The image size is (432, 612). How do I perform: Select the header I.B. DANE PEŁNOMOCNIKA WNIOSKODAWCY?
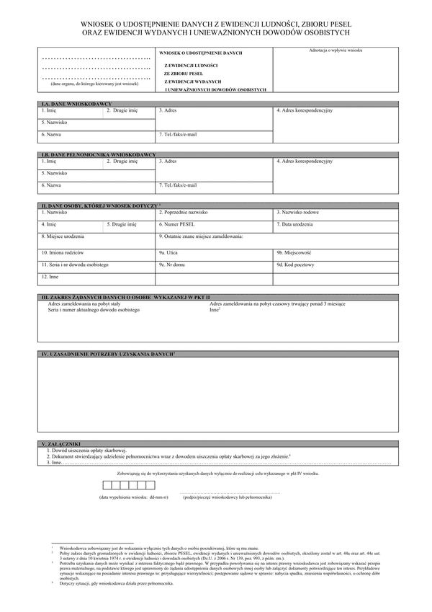click(x=98, y=155)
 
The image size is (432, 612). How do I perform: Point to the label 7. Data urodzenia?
click(x=294, y=224)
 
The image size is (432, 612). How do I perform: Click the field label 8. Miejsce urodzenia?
click(x=63, y=236)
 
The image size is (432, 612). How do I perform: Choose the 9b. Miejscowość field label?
click(x=294, y=253)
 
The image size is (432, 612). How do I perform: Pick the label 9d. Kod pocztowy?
click(x=295, y=265)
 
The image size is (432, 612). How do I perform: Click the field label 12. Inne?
click(x=50, y=276)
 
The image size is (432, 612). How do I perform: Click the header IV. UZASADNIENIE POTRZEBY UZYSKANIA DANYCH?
click(x=109, y=353)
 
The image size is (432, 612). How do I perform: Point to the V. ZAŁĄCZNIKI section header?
click(x=60, y=443)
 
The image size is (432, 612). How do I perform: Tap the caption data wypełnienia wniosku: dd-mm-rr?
click(x=134, y=498)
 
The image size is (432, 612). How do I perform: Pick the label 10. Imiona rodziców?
click(x=63, y=253)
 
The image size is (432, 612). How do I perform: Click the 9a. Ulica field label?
click(x=168, y=253)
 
